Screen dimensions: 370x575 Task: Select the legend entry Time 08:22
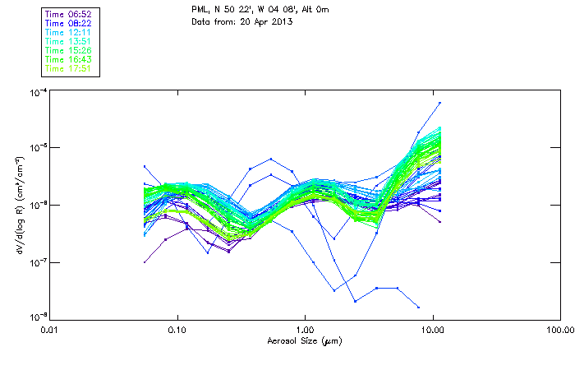(x=69, y=23)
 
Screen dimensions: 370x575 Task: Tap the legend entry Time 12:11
(x=69, y=32)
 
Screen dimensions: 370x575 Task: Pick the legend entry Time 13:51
(x=69, y=41)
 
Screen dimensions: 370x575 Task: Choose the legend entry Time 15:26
(x=69, y=50)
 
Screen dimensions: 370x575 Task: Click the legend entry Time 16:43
(x=69, y=59)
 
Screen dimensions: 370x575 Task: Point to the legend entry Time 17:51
(x=69, y=68)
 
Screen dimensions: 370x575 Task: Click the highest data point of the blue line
(x=439, y=103)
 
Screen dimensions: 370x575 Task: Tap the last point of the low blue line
(x=419, y=306)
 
